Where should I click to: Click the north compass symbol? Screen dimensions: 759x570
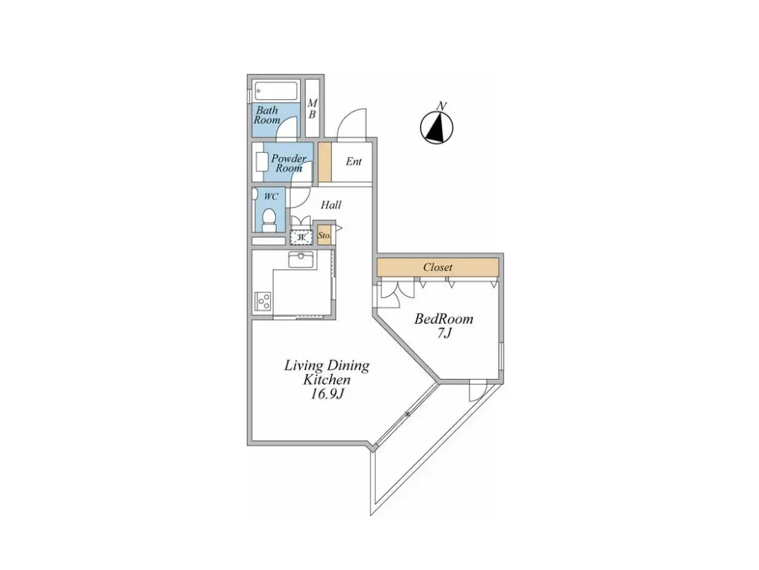pos(437,127)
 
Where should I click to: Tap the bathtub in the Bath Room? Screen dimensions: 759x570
pos(276,91)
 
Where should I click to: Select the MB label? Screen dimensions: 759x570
pos(312,109)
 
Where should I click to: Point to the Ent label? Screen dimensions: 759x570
pos(353,161)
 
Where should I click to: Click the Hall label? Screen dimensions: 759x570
pos(331,205)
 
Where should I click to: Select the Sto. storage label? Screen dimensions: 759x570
pos(324,236)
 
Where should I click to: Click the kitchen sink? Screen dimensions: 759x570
pos(301,259)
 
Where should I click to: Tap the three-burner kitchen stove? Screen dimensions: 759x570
pos(263,301)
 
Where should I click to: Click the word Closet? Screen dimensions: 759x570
pos(438,267)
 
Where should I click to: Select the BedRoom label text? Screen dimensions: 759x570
pos(443,319)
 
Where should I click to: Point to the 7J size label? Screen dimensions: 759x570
pos(444,333)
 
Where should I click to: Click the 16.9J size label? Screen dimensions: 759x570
pos(327,394)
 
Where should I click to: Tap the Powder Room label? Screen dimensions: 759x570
pos(289,163)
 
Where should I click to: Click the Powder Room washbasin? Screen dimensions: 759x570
pos(261,161)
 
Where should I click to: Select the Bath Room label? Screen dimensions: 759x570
pos(267,115)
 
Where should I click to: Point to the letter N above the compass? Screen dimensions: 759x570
pos(441,106)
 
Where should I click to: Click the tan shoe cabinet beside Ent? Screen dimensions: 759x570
pos(325,162)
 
